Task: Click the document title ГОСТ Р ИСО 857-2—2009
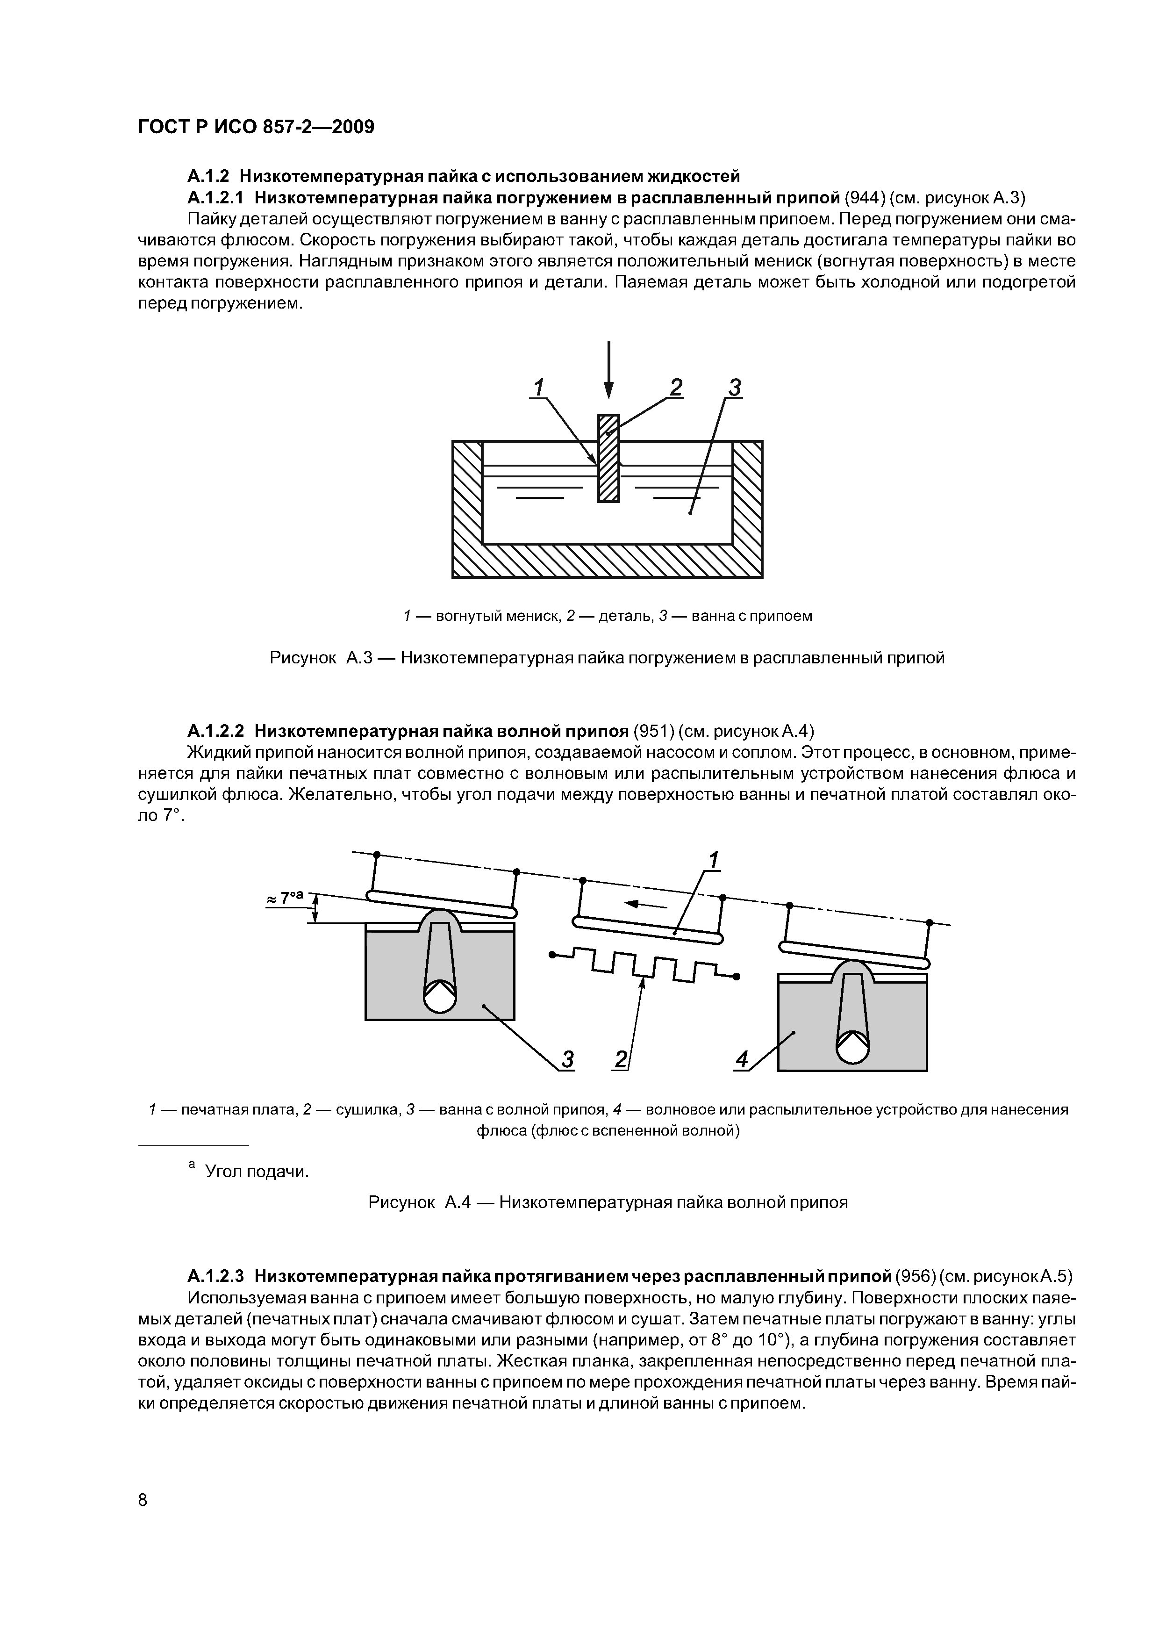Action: coord(256,127)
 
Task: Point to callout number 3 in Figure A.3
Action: coord(734,388)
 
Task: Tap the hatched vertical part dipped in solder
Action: coord(608,459)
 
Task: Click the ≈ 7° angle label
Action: coord(286,898)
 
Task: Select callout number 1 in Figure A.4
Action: coord(714,860)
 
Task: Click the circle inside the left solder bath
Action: coord(439,998)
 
